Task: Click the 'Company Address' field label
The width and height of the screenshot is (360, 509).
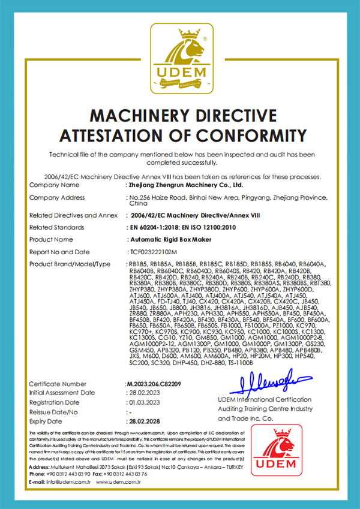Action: pyautogui.click(x=57, y=198)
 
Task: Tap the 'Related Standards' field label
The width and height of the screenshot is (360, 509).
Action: pyautogui.click(x=58, y=227)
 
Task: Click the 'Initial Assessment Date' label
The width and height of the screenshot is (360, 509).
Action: pyautogui.click(x=62, y=393)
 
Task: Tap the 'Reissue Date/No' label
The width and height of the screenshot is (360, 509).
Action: pyautogui.click(x=55, y=412)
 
